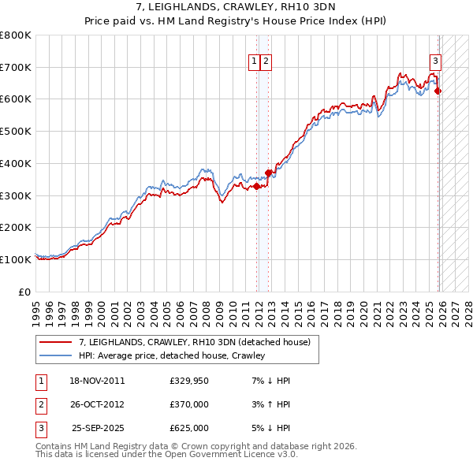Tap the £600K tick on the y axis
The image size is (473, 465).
coord(16,99)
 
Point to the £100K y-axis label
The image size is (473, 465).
coord(16,259)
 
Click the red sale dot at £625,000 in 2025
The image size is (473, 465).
coord(438,91)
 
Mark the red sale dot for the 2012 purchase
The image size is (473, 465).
coord(269,173)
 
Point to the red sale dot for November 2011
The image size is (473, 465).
coord(257,186)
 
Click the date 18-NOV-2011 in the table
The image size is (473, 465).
coord(97,381)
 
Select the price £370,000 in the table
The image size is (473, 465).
coord(189,404)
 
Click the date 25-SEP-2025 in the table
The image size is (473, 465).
coord(97,428)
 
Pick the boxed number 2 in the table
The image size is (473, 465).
coord(40,404)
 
